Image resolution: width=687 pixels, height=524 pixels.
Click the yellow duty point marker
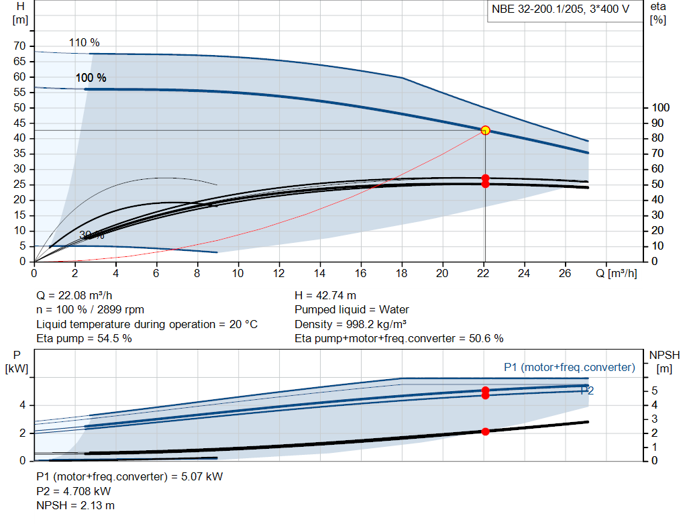[x=485, y=130]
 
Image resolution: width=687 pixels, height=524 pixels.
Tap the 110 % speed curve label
[x=84, y=43]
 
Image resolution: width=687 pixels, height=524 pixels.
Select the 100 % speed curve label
[x=91, y=78]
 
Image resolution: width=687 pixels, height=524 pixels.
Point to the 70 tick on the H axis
[x=20, y=46]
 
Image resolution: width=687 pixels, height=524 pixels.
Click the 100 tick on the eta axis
[x=661, y=108]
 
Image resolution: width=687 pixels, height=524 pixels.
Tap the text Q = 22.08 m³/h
[x=79, y=295]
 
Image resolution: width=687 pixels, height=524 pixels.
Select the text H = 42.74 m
[x=325, y=295]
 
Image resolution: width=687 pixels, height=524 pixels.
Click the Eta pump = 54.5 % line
[x=84, y=338]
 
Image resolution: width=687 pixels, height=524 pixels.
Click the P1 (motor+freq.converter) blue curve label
[x=569, y=367]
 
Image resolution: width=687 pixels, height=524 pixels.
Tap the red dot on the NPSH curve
[x=485, y=431]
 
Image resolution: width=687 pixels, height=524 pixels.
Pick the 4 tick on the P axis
[x=23, y=405]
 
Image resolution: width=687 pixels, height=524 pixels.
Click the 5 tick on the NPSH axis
[x=653, y=391]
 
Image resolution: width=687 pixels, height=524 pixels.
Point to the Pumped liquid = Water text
[x=352, y=310]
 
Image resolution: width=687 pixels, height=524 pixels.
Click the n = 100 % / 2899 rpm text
[x=90, y=310]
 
